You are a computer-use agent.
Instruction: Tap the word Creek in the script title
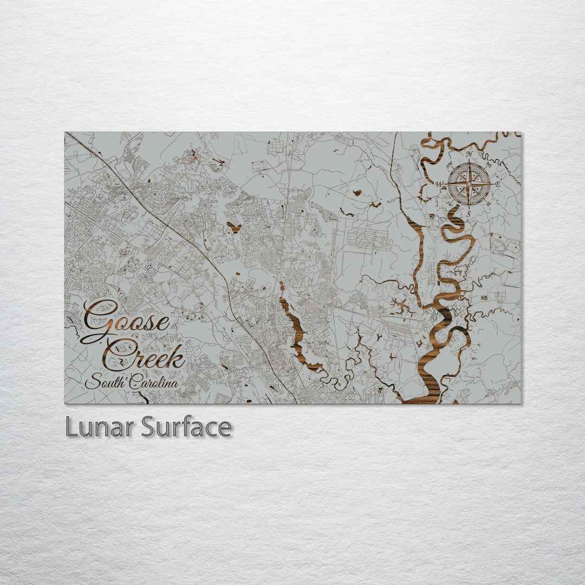(x=145, y=356)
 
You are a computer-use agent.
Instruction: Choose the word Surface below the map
(x=186, y=427)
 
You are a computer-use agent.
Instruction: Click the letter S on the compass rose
(x=469, y=213)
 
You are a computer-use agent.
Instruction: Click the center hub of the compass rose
(x=469, y=184)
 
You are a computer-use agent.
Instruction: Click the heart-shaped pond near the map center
(x=234, y=226)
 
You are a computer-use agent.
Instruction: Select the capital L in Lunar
(x=71, y=427)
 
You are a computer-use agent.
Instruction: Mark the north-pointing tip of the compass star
(x=469, y=161)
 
